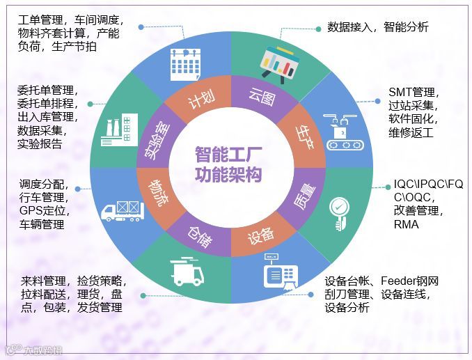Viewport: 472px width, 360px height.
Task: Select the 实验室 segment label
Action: click(158, 136)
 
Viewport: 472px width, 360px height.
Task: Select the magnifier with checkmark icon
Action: click(340, 213)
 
